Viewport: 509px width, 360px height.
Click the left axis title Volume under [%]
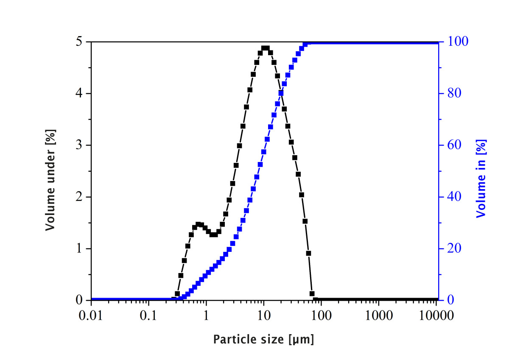[x=51, y=180]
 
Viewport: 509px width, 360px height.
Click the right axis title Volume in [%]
[x=481, y=178]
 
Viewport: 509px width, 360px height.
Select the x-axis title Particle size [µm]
[x=263, y=339]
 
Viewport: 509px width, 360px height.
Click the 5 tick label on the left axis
[x=79, y=42]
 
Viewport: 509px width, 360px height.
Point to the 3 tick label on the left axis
[x=79, y=145]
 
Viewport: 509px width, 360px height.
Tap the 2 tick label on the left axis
[x=79, y=197]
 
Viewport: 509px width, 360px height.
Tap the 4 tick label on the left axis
[x=79, y=94]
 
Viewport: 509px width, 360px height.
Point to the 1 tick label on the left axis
[x=79, y=249]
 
